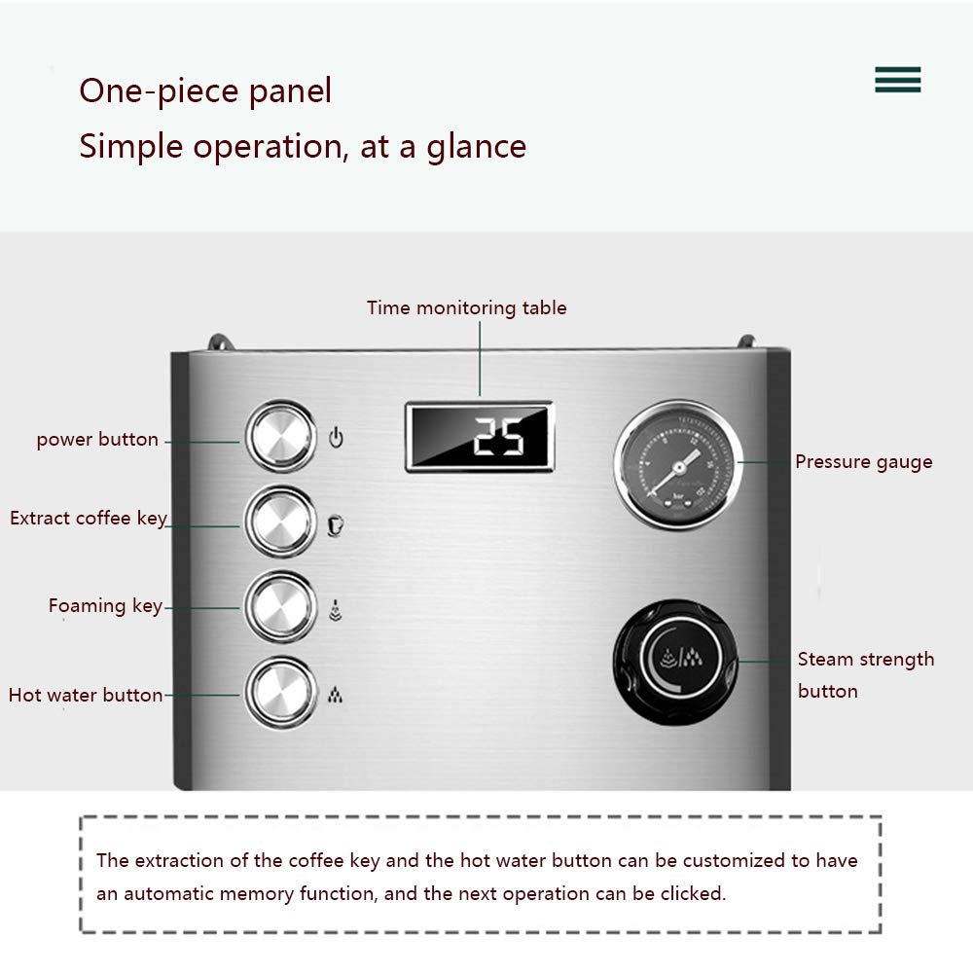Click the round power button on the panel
point(281,437)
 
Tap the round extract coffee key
point(281,522)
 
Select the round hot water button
point(281,693)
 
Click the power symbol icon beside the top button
point(336,438)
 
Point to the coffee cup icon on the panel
point(335,525)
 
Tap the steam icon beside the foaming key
point(335,610)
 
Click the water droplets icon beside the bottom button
point(335,695)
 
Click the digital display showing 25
point(479,437)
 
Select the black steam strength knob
point(677,662)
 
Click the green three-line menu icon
point(898,80)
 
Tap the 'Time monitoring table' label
point(467,308)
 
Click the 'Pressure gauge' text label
point(864,462)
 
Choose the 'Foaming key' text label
point(105,606)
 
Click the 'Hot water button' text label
point(86,695)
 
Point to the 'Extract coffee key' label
point(89,519)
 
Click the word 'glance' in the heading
point(476,148)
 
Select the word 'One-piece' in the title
point(159,91)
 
